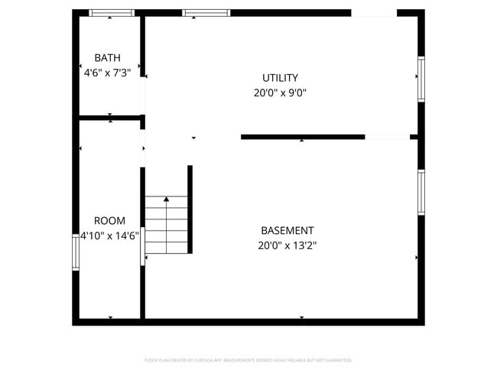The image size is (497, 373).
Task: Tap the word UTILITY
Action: point(280,78)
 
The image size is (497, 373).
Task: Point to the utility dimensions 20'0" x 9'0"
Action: point(280,93)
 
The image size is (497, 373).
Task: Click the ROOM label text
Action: point(109,221)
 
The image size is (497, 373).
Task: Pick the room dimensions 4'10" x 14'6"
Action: point(109,236)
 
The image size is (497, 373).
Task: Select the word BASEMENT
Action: point(287,230)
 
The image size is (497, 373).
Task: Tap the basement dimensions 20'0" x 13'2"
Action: point(287,245)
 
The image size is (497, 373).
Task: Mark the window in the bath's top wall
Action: point(112,13)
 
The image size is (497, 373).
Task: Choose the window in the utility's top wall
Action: point(206,13)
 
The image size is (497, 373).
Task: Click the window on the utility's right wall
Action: point(421,79)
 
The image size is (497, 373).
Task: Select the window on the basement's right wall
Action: point(421,192)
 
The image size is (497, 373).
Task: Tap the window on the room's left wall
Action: point(76,251)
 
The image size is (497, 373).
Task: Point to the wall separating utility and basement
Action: point(302,137)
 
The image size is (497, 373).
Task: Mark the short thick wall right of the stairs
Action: point(190,209)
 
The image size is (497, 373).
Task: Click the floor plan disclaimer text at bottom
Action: point(248,360)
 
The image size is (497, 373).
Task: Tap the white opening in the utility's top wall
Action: point(373,13)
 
